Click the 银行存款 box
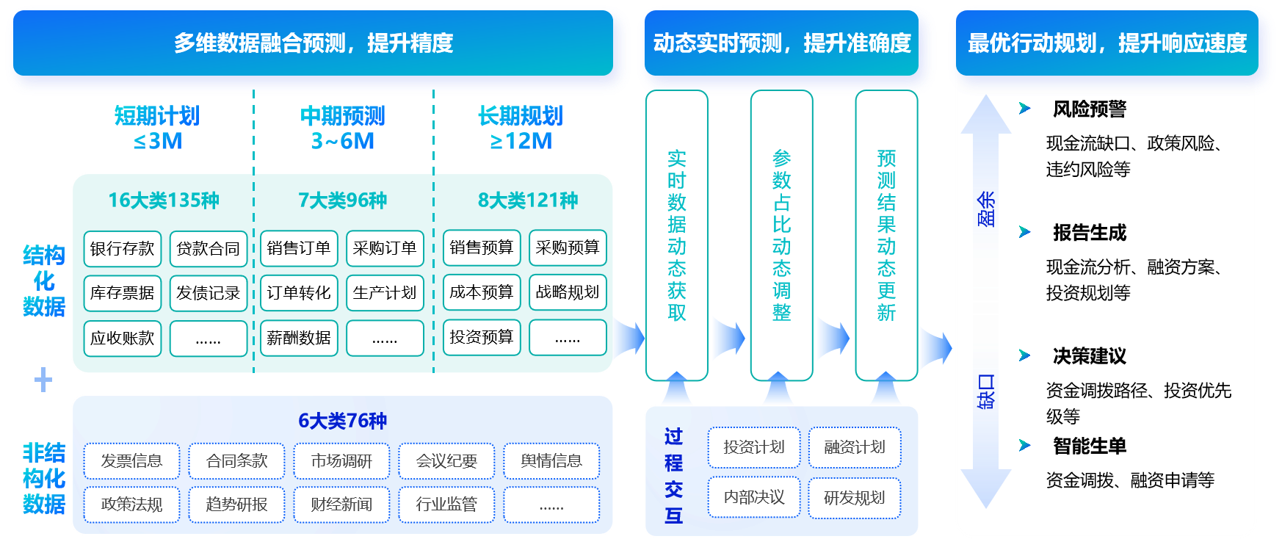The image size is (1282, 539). [x=122, y=249]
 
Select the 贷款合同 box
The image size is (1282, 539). [x=208, y=249]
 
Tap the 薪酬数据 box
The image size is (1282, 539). [x=298, y=338]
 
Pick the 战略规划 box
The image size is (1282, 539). [x=567, y=292]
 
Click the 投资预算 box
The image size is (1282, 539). [x=481, y=337]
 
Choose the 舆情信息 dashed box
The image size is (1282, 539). [x=551, y=461]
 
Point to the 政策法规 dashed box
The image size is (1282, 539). [x=131, y=504]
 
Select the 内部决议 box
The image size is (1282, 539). [x=753, y=498]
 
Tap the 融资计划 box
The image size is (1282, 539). [x=854, y=447]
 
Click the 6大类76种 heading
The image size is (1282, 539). [x=342, y=421]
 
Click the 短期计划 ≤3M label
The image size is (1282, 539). [x=157, y=128]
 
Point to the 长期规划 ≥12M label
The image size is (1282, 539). [x=521, y=128]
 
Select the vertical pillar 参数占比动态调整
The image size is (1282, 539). [x=781, y=235]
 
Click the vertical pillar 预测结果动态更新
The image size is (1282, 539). [x=886, y=235]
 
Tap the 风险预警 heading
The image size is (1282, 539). [x=1089, y=109]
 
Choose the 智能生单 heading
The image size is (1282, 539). [x=1089, y=446]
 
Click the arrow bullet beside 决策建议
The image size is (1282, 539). [x=1025, y=356]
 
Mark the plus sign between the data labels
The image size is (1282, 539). [x=43, y=380]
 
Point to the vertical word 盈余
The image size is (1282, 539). [x=986, y=209]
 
